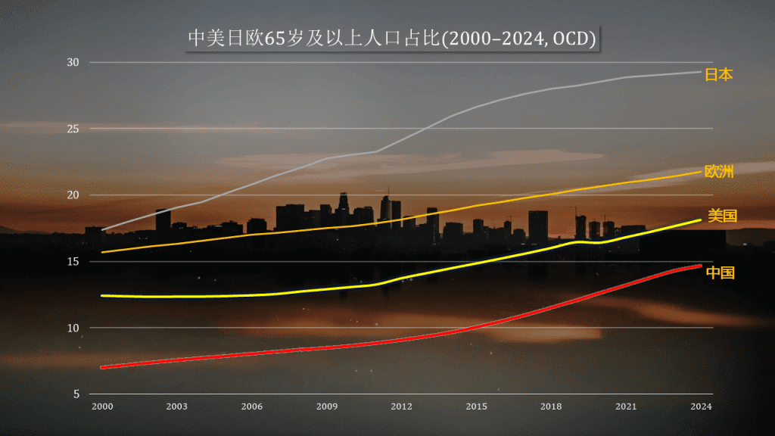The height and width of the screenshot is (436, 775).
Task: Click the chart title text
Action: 391,39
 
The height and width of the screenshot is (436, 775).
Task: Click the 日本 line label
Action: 718,74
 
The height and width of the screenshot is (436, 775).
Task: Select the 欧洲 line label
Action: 718,172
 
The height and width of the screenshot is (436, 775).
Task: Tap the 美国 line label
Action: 722,216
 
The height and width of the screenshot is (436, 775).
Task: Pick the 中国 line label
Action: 720,272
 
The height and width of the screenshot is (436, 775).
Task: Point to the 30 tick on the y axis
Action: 73,62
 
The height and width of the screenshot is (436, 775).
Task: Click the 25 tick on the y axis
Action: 73,129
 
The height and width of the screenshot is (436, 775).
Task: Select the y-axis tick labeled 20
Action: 73,195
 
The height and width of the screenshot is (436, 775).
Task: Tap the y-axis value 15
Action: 73,262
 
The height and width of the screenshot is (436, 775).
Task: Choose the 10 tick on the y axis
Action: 73,328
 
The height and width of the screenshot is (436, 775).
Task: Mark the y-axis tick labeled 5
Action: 76,394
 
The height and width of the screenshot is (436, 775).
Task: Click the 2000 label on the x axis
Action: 102,407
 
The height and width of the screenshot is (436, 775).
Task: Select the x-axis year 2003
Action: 177,407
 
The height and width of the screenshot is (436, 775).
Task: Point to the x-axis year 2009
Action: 326,407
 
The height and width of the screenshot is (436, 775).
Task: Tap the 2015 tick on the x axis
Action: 476,407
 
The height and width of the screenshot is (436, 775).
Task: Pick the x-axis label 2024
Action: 701,407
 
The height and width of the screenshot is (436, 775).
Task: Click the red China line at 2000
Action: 102,367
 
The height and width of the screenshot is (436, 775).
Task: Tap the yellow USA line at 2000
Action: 102,296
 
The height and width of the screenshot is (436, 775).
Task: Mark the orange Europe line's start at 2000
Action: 102,252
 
